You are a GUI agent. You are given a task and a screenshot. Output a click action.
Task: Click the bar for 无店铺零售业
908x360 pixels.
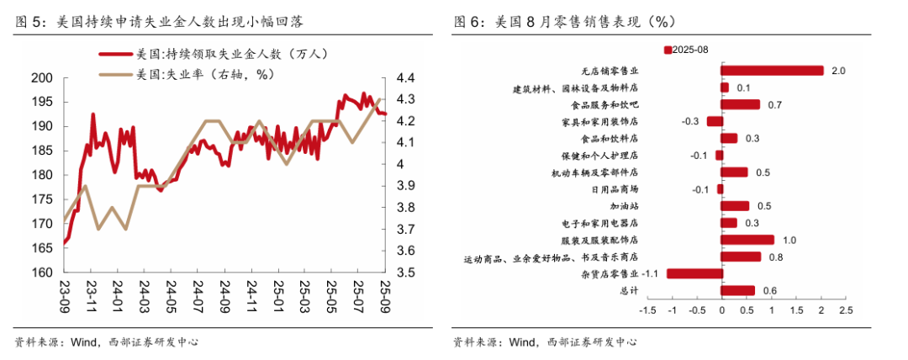pyautogui.click(x=772, y=71)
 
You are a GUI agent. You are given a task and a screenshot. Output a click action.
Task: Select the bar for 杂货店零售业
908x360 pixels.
pyautogui.click(x=694, y=273)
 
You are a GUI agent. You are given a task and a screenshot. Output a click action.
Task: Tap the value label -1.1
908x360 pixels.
pyautogui.click(x=649, y=273)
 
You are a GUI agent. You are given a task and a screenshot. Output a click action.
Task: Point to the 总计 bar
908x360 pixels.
pyautogui.click(x=737, y=291)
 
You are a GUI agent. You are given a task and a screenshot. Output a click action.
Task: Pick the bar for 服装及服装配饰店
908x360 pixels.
pyautogui.click(x=747, y=240)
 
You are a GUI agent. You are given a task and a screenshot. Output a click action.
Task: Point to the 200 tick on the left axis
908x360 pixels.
pyautogui.click(x=42, y=78)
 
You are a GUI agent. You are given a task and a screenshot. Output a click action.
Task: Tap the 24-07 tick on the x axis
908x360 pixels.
pyautogui.click(x=198, y=294)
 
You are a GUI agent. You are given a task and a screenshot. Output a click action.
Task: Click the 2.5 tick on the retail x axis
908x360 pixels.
pyautogui.click(x=845, y=310)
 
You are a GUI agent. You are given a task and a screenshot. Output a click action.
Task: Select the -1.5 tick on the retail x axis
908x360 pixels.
pyautogui.click(x=647, y=310)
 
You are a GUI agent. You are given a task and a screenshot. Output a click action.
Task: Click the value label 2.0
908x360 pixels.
pyautogui.click(x=837, y=71)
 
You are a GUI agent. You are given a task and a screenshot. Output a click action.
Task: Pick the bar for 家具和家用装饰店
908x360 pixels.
pyautogui.click(x=715, y=121)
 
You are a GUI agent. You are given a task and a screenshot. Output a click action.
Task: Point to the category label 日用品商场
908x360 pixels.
pyautogui.click(x=614, y=189)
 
